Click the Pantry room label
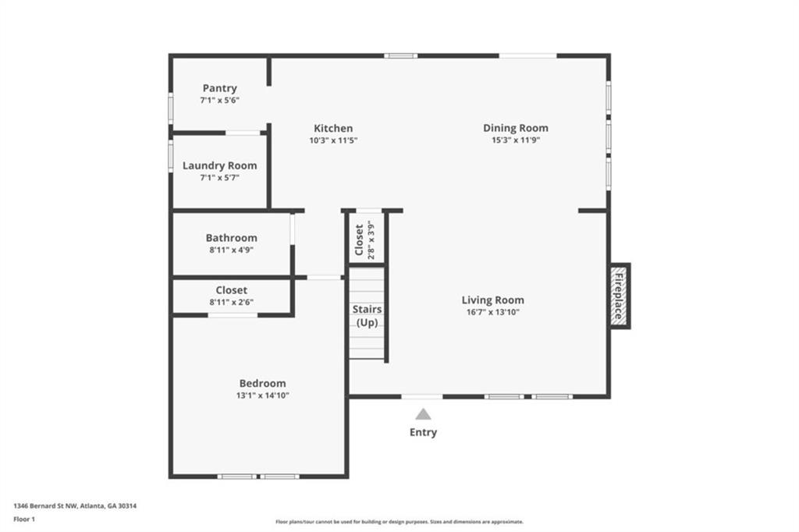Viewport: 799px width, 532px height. [219, 88]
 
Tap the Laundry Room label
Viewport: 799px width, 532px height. [219, 165]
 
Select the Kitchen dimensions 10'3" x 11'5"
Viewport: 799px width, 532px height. [333, 140]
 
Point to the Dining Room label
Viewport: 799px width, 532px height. [515, 128]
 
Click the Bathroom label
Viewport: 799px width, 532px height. [231, 238]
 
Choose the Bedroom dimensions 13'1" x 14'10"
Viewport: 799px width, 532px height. [263, 395]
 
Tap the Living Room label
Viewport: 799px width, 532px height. [492, 300]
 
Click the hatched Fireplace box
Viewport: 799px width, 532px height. [620, 296]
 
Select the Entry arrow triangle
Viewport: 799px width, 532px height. [423, 414]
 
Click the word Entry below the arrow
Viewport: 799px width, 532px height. [423, 432]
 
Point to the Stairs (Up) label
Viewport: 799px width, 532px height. [367, 316]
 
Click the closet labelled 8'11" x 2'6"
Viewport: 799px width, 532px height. [232, 296]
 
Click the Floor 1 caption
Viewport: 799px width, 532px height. [24, 519]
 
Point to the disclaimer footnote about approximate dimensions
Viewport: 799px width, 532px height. [399, 522]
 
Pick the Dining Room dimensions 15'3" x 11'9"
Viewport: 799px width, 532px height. [516, 140]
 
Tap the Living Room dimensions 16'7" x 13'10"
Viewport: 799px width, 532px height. [492, 312]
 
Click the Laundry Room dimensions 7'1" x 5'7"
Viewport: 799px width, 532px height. [219, 178]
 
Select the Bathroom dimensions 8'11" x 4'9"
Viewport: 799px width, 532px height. [231, 250]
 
